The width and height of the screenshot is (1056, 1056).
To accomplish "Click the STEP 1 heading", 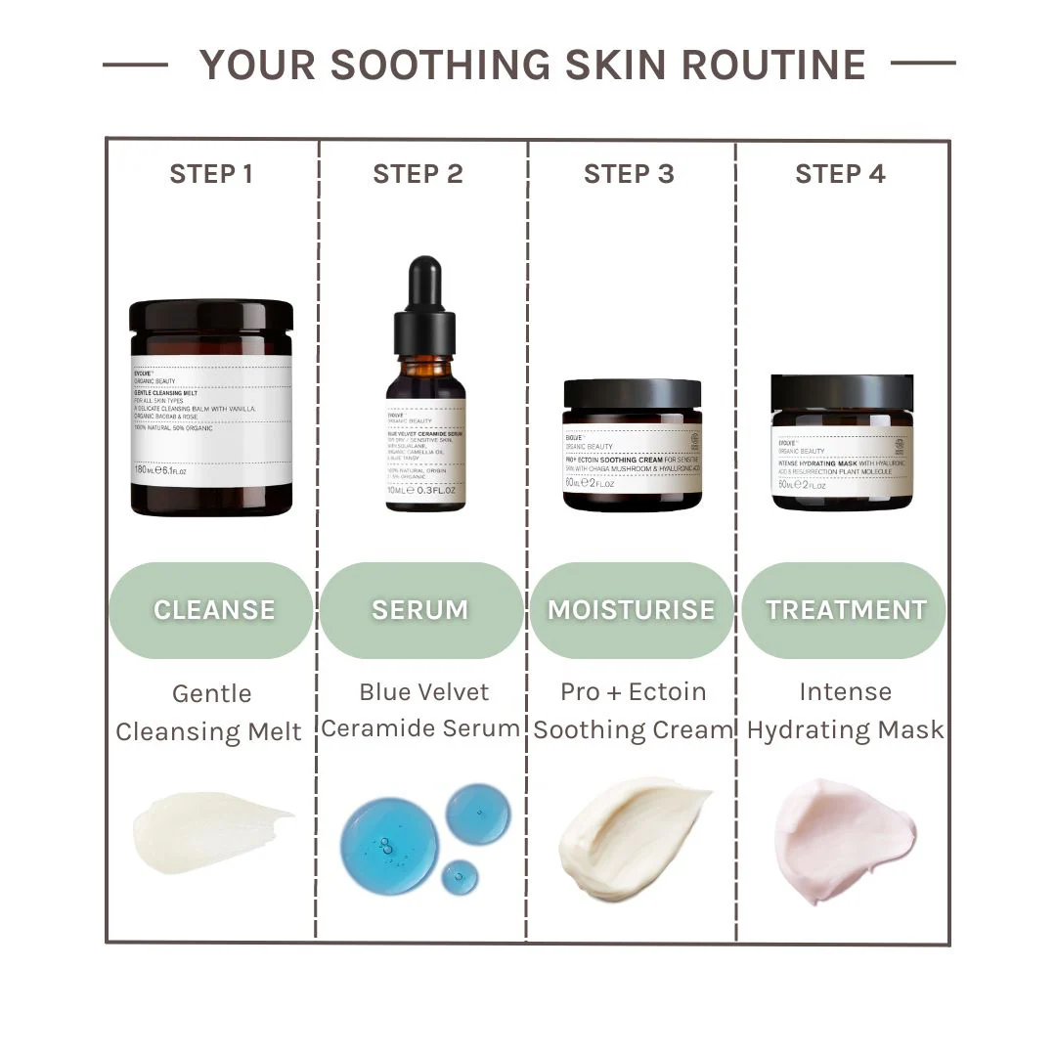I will [x=211, y=174].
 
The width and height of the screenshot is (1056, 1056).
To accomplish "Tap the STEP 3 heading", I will [x=629, y=174].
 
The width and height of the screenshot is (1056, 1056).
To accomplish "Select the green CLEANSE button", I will [x=212, y=610].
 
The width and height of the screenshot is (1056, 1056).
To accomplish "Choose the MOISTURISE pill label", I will [x=631, y=610].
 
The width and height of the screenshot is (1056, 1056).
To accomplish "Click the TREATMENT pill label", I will [x=845, y=610].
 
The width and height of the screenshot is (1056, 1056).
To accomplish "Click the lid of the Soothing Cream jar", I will [x=633, y=394].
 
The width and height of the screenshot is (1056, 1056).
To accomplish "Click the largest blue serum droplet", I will [x=388, y=846].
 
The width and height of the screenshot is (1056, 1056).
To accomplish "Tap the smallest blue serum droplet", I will [x=460, y=877].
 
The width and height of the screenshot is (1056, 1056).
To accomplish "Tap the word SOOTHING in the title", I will [x=438, y=65].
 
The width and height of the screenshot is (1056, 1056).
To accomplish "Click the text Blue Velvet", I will [x=424, y=692].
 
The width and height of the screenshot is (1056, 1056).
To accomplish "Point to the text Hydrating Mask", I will [x=846, y=729].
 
